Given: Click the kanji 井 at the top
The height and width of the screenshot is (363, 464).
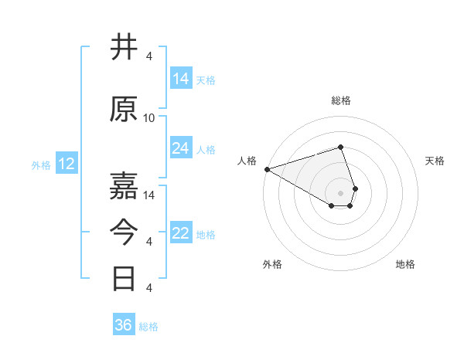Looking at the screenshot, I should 125,48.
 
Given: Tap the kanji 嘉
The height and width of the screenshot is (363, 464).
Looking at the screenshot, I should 125,185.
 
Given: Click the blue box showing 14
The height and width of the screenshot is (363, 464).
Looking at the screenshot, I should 181,79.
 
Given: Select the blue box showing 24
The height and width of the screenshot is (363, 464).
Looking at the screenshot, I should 181,148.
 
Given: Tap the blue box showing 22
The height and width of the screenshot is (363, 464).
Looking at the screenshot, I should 181,234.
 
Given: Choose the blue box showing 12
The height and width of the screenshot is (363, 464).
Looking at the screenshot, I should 67,164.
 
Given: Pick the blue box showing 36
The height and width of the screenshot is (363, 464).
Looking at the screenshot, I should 124,325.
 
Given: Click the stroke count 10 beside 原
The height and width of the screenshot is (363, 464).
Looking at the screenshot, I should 149,118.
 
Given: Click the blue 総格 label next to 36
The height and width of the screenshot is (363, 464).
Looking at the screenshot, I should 148,327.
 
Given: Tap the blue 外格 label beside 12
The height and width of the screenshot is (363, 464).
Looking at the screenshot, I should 41,165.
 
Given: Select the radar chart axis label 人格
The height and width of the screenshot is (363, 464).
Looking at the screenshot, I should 247,161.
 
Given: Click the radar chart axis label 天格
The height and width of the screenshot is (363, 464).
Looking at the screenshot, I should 435,161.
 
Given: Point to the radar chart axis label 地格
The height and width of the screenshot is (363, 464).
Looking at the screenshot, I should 405,264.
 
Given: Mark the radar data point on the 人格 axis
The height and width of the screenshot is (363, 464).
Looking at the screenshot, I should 267,168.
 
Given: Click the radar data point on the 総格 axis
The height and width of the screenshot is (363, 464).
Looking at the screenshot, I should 340,147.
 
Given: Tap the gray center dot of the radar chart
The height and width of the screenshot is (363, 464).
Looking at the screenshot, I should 340,192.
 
